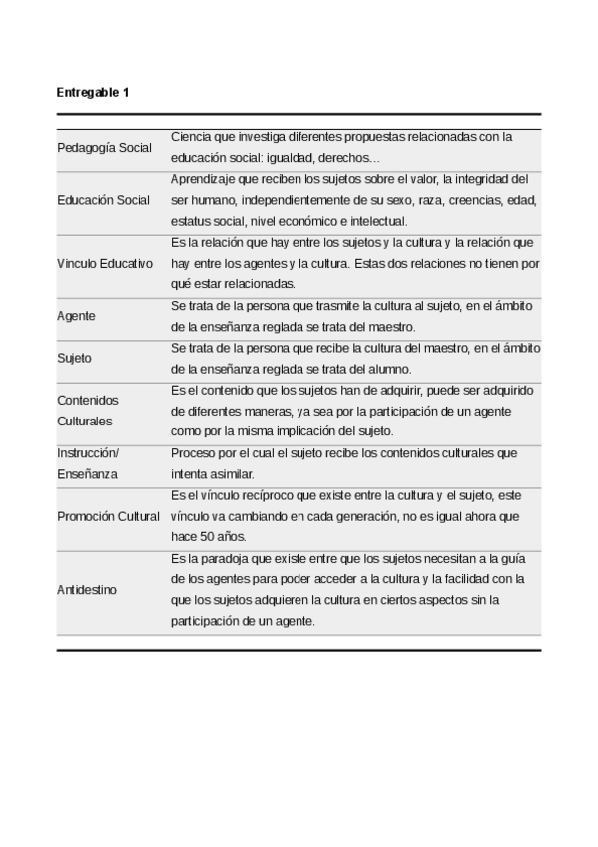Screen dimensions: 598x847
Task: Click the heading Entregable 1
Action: click(x=93, y=93)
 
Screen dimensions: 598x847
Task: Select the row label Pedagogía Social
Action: click(x=104, y=148)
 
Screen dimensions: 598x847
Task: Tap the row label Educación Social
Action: click(x=104, y=200)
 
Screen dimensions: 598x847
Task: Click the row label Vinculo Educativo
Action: click(x=105, y=263)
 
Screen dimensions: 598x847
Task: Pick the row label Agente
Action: click(x=77, y=316)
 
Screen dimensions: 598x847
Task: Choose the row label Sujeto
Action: click(x=75, y=358)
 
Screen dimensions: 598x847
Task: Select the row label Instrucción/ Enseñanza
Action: click(x=87, y=463)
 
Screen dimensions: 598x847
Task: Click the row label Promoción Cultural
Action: click(x=108, y=516)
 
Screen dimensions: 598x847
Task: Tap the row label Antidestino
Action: click(x=87, y=589)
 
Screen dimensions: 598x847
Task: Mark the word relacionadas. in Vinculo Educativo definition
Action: click(x=263, y=284)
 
